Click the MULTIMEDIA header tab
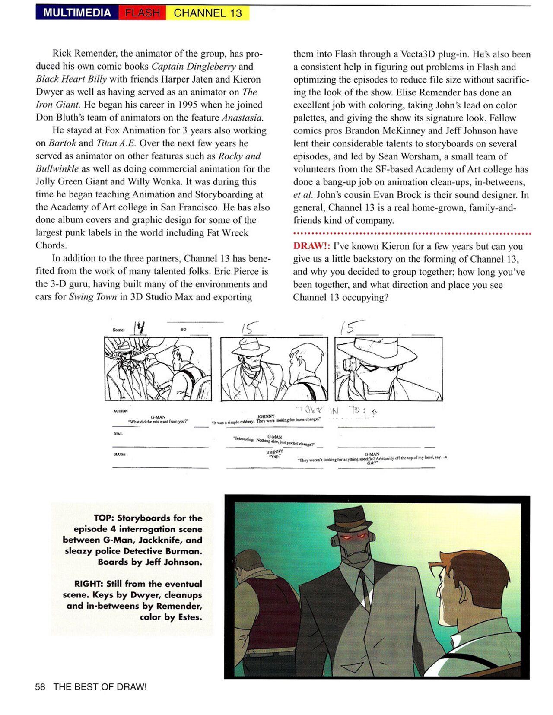pyautogui.click(x=77, y=13)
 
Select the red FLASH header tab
pyautogui.click(x=142, y=13)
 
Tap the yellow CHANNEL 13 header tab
pyautogui.click(x=208, y=13)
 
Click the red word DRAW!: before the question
pyautogui.click(x=311, y=246)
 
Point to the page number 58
pyautogui.click(x=40, y=687)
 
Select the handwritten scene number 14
pyautogui.click(x=140, y=328)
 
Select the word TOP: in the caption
pyautogui.click(x=104, y=518)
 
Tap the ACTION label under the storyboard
pyautogui.click(x=121, y=411)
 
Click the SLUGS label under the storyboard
pyautogui.click(x=119, y=454)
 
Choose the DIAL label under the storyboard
pyautogui.click(x=118, y=434)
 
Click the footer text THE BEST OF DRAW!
pyautogui.click(x=100, y=687)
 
